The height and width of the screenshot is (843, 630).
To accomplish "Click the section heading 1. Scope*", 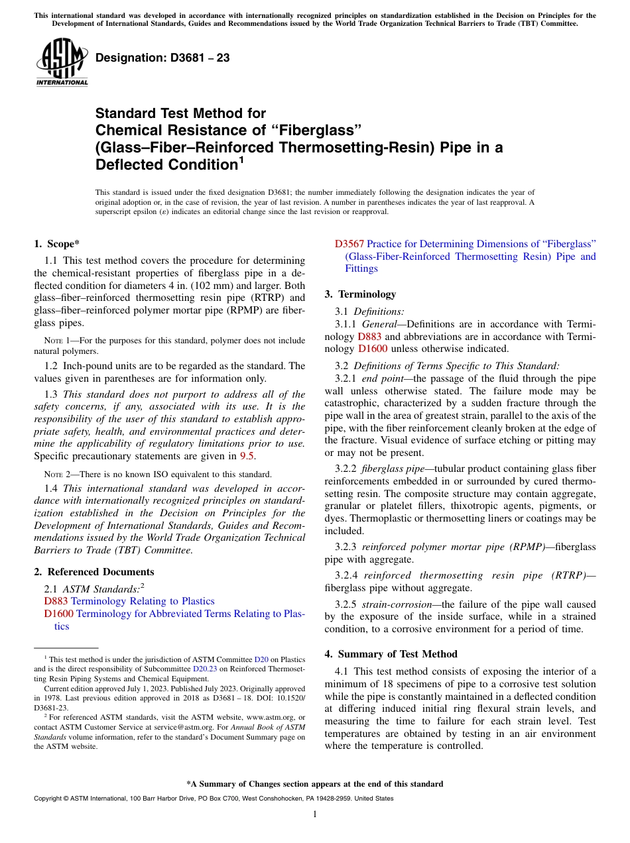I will [57, 244].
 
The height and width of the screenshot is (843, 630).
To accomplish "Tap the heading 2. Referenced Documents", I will [94, 572].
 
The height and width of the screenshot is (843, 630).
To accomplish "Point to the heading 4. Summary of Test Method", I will [391, 654].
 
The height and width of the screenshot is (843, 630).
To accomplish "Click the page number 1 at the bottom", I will [315, 815].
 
